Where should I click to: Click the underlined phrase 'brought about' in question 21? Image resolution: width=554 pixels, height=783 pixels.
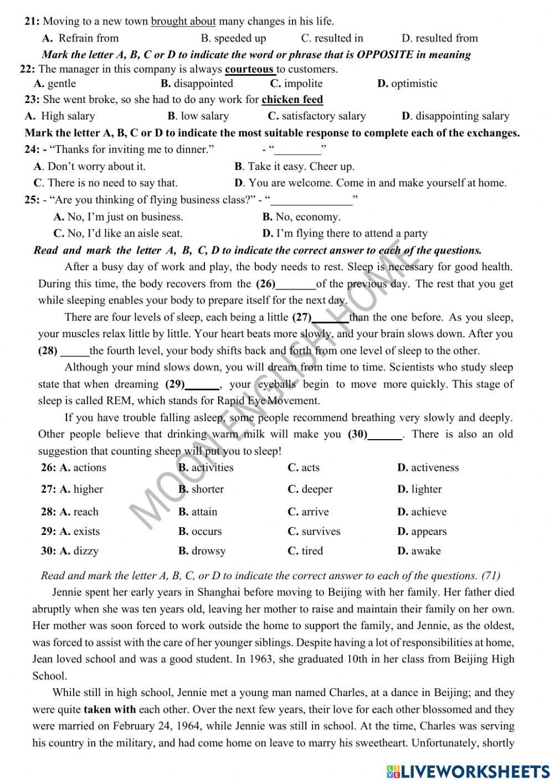click(x=183, y=22)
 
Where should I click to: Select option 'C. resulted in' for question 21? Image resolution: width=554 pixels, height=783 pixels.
click(x=332, y=38)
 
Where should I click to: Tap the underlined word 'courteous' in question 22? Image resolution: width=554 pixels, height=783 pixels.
click(x=250, y=69)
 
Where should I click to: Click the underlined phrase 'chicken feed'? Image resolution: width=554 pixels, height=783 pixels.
click(x=292, y=100)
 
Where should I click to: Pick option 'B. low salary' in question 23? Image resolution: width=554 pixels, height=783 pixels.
click(x=198, y=116)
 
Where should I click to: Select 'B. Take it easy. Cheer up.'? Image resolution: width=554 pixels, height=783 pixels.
click(x=294, y=166)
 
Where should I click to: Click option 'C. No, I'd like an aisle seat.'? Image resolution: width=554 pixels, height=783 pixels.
click(x=117, y=233)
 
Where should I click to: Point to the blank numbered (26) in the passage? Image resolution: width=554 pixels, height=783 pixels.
click(x=295, y=285)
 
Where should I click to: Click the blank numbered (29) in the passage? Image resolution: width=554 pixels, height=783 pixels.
click(x=202, y=385)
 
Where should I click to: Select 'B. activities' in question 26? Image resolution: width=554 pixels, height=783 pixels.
click(x=206, y=467)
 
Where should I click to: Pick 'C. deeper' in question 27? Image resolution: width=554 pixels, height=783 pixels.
click(x=310, y=489)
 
